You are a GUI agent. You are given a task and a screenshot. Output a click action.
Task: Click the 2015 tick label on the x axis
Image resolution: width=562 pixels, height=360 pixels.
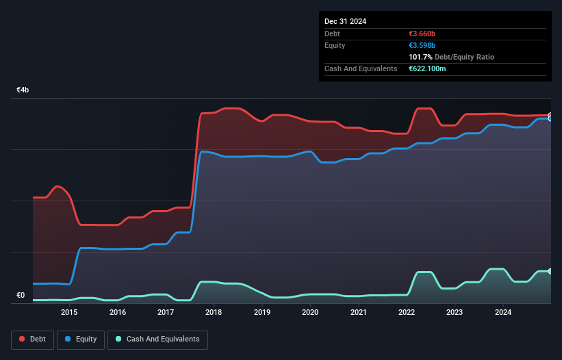tap(69, 313)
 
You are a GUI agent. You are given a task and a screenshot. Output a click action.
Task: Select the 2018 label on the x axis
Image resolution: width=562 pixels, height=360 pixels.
tap(214, 313)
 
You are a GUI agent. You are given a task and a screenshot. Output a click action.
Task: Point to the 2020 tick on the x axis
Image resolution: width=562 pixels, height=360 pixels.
tap(310, 313)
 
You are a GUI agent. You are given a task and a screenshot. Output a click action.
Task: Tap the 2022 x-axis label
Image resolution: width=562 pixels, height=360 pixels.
tap(407, 313)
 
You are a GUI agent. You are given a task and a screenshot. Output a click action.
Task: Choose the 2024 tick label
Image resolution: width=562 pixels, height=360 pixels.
tap(503, 313)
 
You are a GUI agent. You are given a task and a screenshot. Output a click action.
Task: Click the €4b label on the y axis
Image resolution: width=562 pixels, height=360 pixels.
tap(23, 90)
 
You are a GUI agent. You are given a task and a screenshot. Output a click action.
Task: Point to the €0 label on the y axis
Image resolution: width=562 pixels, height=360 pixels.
tap(21, 296)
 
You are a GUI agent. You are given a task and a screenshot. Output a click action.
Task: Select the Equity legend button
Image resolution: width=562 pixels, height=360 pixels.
tap(81, 339)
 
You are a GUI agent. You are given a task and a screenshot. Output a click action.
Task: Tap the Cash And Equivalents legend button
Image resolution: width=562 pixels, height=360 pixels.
tap(157, 339)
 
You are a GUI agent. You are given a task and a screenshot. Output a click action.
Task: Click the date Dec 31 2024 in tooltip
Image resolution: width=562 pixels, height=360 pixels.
tap(345, 21)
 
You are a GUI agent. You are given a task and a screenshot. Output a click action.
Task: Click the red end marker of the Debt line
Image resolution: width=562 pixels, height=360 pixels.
tap(550, 116)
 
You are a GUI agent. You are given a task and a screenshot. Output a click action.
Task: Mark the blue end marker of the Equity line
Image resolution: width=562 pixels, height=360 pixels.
tap(550, 119)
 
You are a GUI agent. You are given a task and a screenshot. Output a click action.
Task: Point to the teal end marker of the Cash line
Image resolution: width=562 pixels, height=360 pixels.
tap(550, 272)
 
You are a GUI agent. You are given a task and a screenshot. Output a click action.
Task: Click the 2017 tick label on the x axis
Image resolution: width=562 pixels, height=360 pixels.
tap(166, 313)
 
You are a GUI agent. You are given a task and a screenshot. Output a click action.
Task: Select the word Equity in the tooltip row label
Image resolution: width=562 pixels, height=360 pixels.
tap(335, 45)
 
